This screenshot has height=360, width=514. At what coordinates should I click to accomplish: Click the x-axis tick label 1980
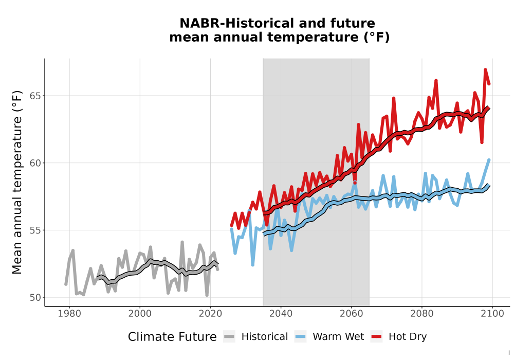coord(69,314)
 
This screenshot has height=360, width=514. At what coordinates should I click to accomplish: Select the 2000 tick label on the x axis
coord(140,314)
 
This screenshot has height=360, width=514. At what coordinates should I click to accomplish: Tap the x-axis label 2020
coord(210,314)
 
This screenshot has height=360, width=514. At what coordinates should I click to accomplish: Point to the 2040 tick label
coord(281,314)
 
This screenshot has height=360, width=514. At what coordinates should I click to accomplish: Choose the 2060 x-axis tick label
coord(351,314)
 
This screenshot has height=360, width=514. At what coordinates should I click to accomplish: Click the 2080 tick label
coord(421,314)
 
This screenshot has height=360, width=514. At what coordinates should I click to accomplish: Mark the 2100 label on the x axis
coord(492,314)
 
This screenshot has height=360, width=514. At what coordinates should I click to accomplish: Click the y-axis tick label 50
coord(35,298)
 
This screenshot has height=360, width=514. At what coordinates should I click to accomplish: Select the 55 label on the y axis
coord(35,230)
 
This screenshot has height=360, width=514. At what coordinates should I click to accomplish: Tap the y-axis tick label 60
coord(35,163)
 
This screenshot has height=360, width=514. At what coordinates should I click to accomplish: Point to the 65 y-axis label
coord(35,96)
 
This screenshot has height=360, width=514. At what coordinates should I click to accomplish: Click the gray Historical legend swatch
coord(229,337)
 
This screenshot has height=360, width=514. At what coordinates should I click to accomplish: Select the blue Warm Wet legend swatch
coord(300,337)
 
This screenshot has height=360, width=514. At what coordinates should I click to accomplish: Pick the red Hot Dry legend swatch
coord(377,337)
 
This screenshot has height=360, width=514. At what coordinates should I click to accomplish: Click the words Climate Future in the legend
coord(172,337)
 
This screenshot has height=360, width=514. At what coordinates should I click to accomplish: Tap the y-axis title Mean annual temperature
coord(17,182)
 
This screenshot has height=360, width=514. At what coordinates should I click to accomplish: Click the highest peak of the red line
coord(485,69)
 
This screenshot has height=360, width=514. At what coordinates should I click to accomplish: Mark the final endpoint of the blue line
coord(489,160)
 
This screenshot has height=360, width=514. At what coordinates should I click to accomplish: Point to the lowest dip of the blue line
coord(253,264)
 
